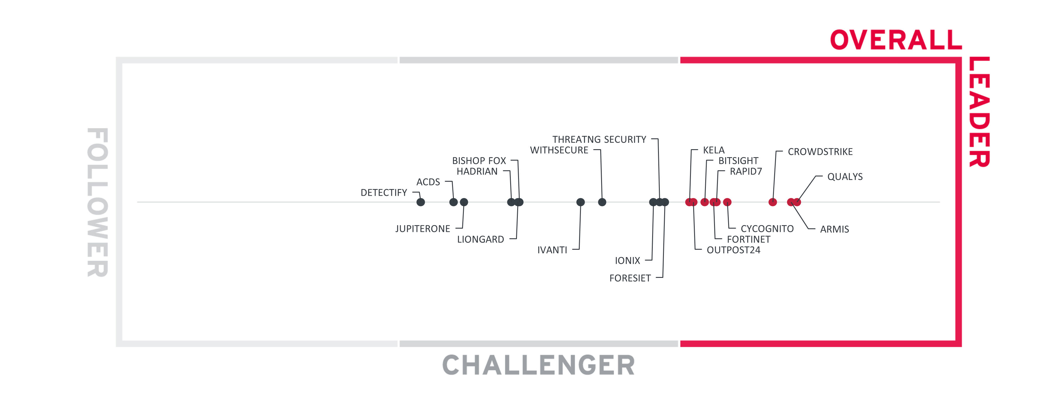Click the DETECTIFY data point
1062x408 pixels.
pos(420,202)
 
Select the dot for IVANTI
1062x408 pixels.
pos(581,202)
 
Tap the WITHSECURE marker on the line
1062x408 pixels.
pos(602,202)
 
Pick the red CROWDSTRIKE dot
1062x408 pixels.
pos(772,202)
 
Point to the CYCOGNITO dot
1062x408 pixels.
pos(727,202)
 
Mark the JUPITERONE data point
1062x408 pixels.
pos(464,202)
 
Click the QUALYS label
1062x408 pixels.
pos(845,177)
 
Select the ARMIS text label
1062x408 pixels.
pos(834,229)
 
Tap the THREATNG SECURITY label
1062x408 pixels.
pos(599,140)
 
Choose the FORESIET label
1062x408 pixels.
pos(630,278)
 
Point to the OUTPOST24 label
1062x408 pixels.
pos(733,250)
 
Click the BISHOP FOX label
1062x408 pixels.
pos(479,161)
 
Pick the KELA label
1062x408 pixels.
pos(714,150)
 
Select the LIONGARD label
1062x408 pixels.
pos(480,239)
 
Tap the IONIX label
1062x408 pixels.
pos(628,261)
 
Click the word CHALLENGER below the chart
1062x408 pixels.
pos(538,365)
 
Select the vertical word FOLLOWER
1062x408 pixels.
pos(98,202)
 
